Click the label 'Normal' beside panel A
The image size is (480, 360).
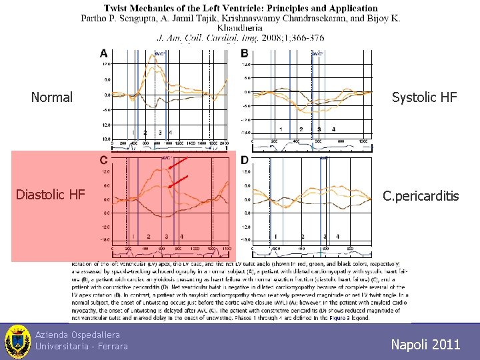click(x=52, y=97)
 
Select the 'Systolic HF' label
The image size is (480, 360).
click(x=424, y=97)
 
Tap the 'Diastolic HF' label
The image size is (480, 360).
click(x=51, y=195)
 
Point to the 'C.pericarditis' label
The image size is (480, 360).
click(x=421, y=196)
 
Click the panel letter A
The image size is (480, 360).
click(x=104, y=53)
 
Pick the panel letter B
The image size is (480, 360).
click(x=245, y=53)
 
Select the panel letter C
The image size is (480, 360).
click(x=104, y=160)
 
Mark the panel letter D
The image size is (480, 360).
click(x=245, y=160)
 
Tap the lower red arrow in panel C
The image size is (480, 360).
click(x=179, y=181)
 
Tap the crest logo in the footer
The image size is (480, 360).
click(x=17, y=341)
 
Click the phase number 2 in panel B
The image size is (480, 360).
click(x=301, y=129)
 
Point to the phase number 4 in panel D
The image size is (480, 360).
click(x=338, y=237)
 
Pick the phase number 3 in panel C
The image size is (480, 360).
click(x=166, y=237)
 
